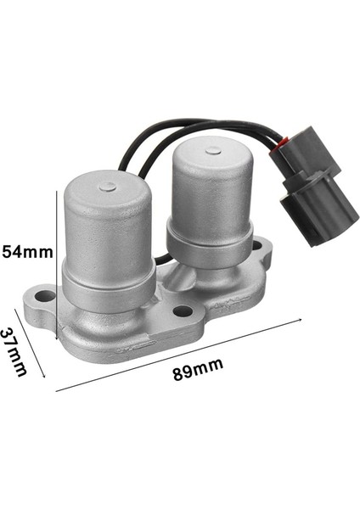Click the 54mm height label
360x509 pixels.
coord(27,251)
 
